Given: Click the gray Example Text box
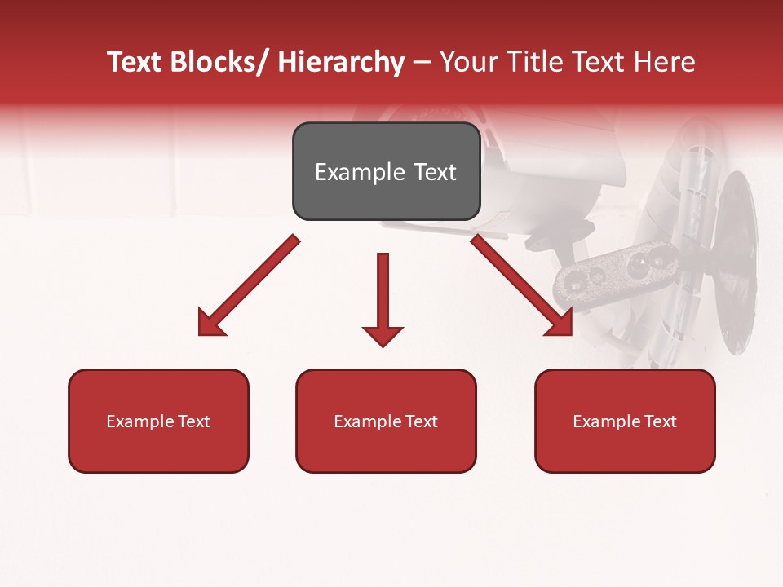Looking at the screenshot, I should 386,171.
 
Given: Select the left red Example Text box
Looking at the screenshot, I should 158,421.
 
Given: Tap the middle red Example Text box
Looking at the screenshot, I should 386,421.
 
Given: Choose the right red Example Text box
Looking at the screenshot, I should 625,421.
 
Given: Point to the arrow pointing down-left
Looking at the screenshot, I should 249,285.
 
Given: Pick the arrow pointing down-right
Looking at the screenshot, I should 522,285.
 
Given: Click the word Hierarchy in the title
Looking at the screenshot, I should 341,62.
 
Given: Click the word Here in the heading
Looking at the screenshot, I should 665,62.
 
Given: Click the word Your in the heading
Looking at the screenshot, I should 467,62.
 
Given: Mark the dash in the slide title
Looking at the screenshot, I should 421,62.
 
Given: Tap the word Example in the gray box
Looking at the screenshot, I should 360,172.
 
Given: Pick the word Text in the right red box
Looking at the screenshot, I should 660,421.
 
